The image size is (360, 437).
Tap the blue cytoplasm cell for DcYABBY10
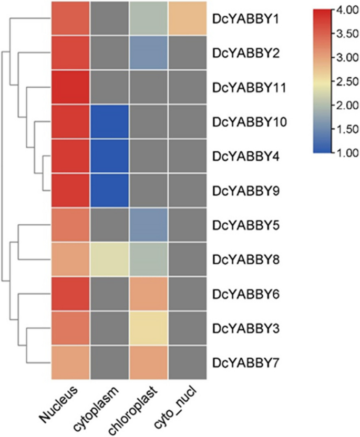109,121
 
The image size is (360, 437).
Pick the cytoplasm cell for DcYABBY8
109,258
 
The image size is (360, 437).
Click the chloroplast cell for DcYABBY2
148,53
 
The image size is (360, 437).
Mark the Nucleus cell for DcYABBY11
70,87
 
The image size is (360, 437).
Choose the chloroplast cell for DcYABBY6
148,293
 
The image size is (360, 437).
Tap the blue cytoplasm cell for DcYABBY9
109,190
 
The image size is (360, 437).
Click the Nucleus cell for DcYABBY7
70,362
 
